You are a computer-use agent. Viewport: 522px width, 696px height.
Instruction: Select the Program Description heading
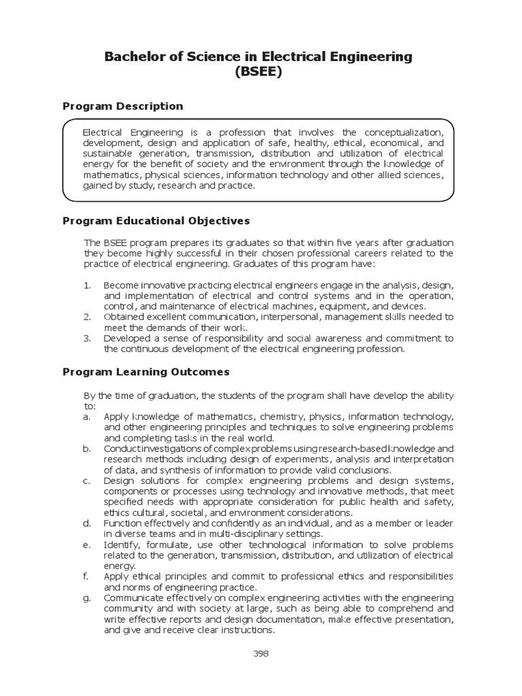pos(123,106)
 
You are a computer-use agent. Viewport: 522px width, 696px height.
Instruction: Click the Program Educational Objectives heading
pos(156,221)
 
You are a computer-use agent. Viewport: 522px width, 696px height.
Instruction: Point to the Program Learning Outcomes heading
pos(146,372)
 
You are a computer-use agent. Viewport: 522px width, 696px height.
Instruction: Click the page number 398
pos(260,654)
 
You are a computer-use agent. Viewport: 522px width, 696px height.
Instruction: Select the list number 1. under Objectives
pos(87,285)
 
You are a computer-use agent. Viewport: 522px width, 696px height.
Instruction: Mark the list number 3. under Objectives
pos(87,338)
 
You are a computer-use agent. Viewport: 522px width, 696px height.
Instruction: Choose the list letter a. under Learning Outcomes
pos(87,417)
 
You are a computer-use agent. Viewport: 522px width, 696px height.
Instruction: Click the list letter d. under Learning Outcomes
pos(87,523)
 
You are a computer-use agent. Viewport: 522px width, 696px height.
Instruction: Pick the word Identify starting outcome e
pos(122,544)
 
